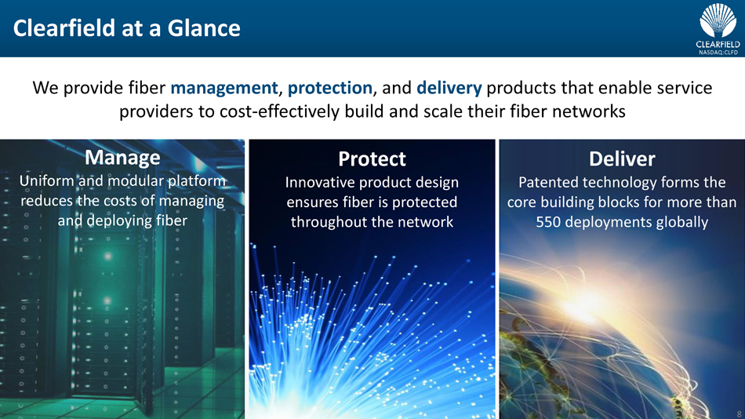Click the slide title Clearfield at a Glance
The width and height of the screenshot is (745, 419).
[x=127, y=28]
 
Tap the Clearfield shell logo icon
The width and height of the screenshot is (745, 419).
[x=718, y=20]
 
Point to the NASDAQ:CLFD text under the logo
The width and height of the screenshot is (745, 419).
[x=718, y=53]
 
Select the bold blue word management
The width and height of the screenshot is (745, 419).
[x=223, y=88]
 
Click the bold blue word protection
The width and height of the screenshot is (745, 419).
[x=329, y=88]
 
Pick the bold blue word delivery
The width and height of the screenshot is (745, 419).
[x=449, y=88]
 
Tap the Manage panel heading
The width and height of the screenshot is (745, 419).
[x=122, y=158]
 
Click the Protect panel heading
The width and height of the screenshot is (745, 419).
[x=372, y=158]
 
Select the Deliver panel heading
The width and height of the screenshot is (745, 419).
[x=622, y=158]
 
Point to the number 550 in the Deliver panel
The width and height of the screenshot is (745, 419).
[x=549, y=222]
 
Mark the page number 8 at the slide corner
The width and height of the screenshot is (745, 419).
[x=739, y=414]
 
